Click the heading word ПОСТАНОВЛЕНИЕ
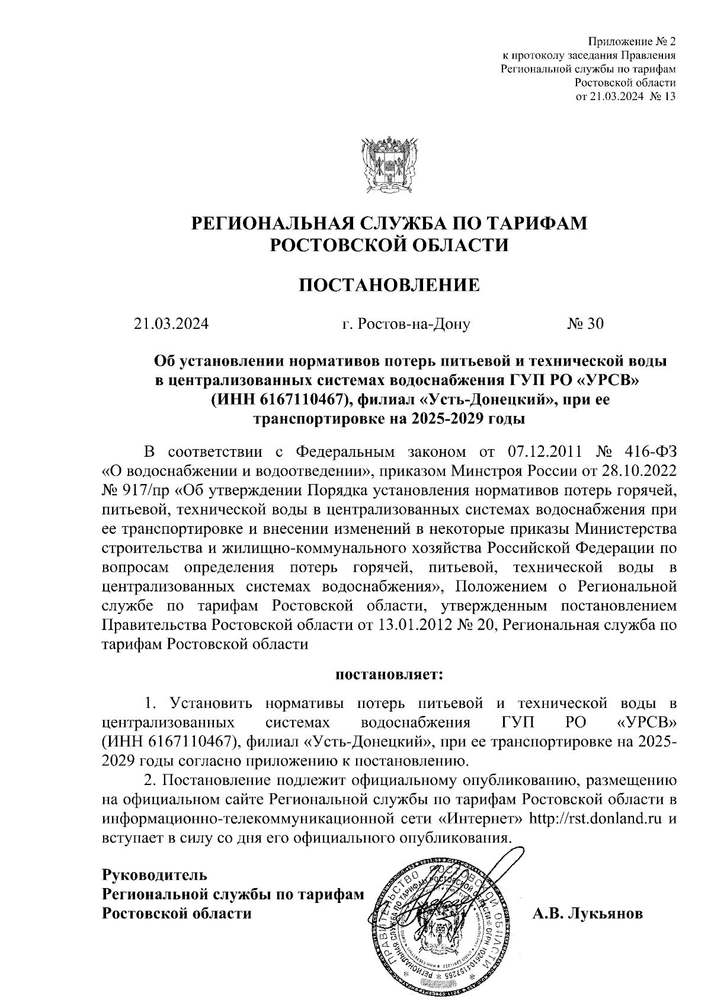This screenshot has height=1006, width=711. coord(389,286)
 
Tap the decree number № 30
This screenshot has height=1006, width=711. coord(585,323)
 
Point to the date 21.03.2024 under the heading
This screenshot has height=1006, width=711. coord(171,323)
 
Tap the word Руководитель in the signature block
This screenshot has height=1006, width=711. coord(155,875)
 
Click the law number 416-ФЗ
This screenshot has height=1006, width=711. coord(650,453)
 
